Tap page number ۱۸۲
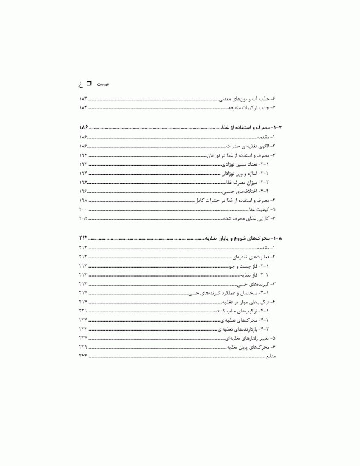(83, 98)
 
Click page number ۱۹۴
(83, 173)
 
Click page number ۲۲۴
(83, 319)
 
